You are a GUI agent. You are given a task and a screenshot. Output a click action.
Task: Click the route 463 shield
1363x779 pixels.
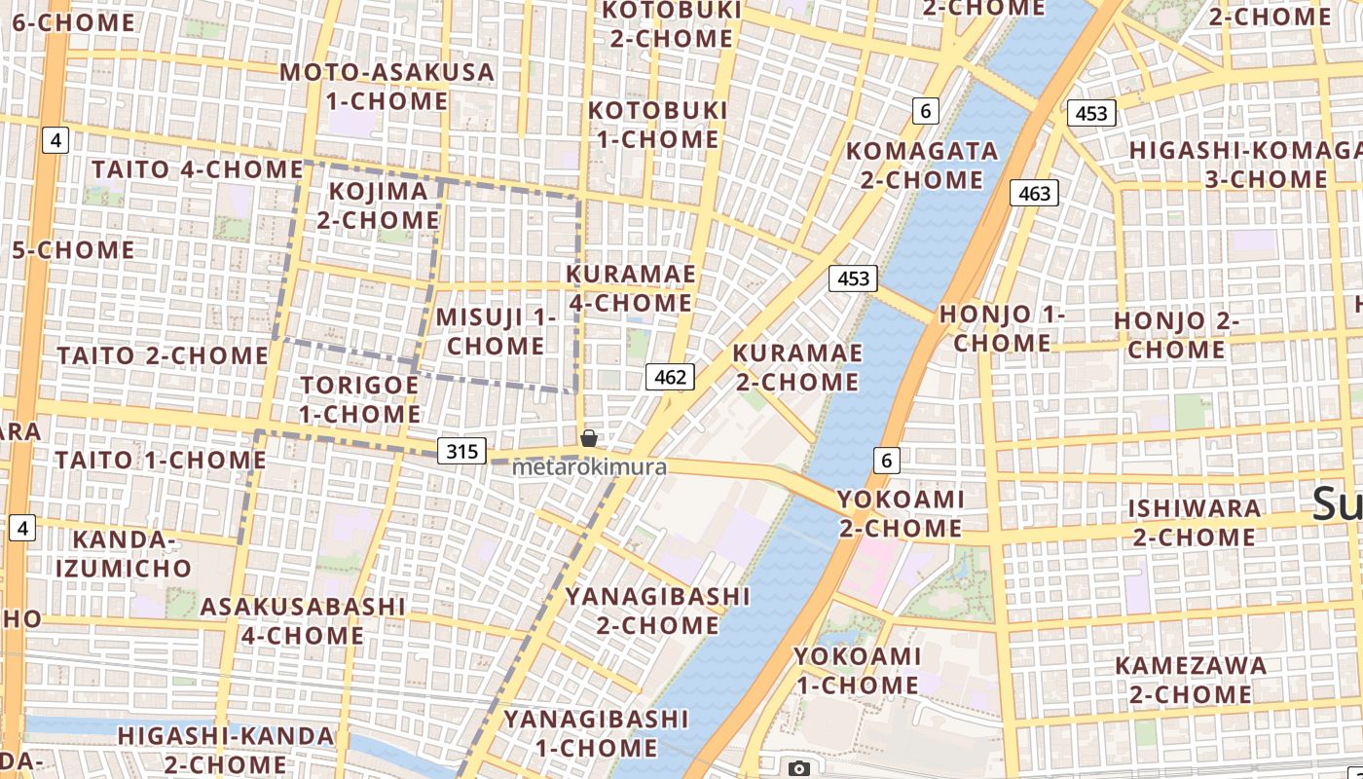click(x=1034, y=193)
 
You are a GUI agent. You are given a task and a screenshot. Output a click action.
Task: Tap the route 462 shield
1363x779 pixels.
click(x=670, y=377)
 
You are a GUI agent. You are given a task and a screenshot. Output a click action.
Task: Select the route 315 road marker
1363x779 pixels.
click(x=461, y=451)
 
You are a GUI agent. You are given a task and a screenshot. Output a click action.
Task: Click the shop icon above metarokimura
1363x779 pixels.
click(x=589, y=438)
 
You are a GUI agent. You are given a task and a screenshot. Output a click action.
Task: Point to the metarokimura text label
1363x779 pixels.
click(x=589, y=467)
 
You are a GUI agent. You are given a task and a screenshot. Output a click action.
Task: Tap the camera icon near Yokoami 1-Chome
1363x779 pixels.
click(x=799, y=768)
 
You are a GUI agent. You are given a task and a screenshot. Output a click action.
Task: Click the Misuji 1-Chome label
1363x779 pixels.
click(x=496, y=331)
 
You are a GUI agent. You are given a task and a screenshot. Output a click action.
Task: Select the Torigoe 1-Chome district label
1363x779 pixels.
click(x=359, y=399)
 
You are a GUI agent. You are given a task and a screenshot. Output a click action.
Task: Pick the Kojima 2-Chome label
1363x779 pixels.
click(x=378, y=205)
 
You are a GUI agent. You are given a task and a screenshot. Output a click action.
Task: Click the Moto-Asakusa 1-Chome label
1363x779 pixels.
click(x=387, y=87)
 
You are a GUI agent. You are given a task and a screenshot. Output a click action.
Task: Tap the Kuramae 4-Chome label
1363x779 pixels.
click(x=631, y=288)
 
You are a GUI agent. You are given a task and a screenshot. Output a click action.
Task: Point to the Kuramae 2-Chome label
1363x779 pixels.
click(x=797, y=367)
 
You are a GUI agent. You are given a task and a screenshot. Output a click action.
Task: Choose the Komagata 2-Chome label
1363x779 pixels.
click(x=922, y=166)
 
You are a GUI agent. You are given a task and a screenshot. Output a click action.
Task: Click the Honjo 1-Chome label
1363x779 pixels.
click(x=1002, y=329)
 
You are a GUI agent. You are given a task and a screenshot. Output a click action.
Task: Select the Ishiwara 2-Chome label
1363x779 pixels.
click(x=1194, y=523)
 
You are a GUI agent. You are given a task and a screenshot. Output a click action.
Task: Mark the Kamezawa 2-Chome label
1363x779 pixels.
click(x=1191, y=680)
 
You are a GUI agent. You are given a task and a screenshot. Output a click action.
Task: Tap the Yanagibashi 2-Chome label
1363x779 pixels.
click(x=658, y=611)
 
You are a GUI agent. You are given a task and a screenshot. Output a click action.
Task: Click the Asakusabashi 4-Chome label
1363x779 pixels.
click(x=302, y=621)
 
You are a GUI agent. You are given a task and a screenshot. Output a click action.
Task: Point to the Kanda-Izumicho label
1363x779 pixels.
click(x=123, y=554)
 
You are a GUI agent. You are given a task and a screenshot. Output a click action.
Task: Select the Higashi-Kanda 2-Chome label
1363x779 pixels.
click(x=225, y=750)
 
